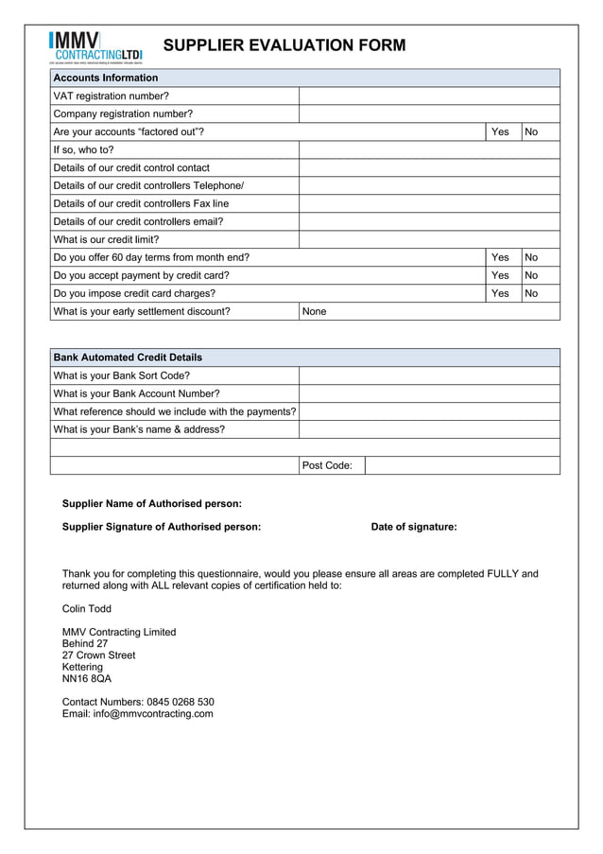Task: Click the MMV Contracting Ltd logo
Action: point(95,47)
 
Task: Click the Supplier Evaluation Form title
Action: point(284,45)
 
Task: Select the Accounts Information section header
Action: point(106,78)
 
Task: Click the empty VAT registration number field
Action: point(429,96)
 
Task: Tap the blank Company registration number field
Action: point(429,113)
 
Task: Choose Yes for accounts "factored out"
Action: point(501,131)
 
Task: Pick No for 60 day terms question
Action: point(531,257)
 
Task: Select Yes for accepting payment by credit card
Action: point(501,275)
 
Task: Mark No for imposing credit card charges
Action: point(531,293)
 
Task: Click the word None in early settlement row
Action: point(314,311)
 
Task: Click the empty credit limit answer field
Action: point(429,239)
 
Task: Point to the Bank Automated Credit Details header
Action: point(128,357)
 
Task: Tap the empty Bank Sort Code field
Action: point(429,375)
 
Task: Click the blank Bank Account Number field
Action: point(429,393)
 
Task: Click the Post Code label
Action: point(327,465)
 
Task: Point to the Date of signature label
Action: point(414,527)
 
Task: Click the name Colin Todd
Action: point(87,609)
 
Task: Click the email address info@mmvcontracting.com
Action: point(138,714)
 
